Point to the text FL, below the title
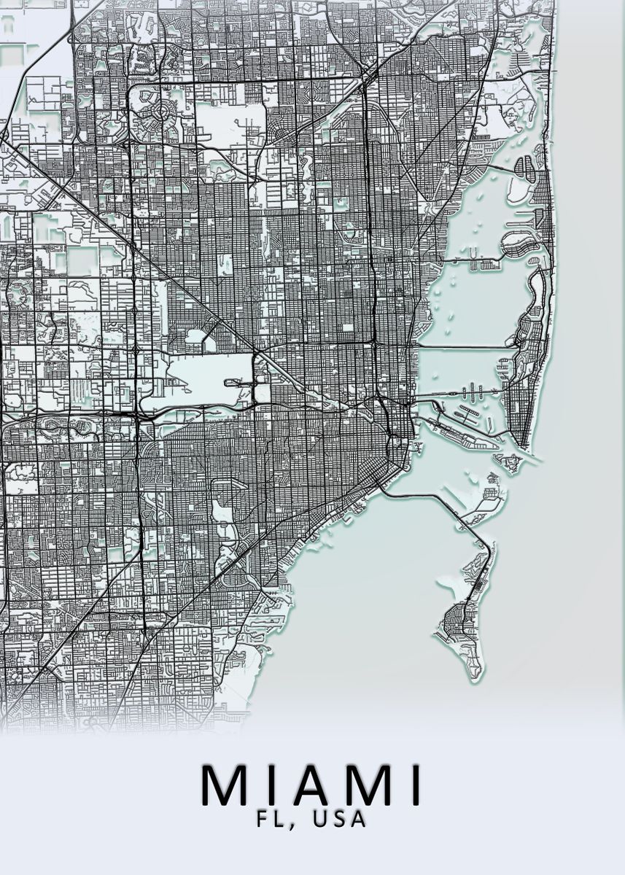(276, 820)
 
